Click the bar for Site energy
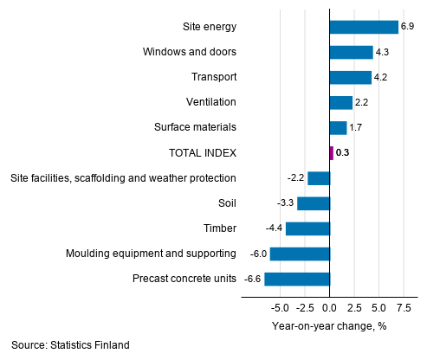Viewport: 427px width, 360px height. tap(364, 27)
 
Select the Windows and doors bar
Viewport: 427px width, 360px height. tap(351, 52)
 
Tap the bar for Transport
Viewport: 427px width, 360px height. tap(351, 77)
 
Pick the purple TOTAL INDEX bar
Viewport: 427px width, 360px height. tap(332, 153)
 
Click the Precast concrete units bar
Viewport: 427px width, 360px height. tap(297, 280)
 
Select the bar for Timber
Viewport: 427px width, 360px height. tap(307, 228)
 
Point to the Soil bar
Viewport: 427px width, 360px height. tap(314, 203)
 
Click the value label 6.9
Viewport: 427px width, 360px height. tap(408, 27)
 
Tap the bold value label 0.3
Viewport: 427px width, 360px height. tap(344, 153)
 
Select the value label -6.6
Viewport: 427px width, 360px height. tap(253, 280)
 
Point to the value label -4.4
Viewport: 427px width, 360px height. tap(275, 228)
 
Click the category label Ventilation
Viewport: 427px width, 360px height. tap(211, 103)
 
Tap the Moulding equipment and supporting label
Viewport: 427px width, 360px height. tap(152, 254)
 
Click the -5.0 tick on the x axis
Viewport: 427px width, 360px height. tap(279, 307)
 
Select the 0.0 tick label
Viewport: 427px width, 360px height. tap(330, 307)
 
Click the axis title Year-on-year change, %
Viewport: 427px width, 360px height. tap(329, 325)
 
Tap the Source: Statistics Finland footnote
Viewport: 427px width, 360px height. tap(71, 345)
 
